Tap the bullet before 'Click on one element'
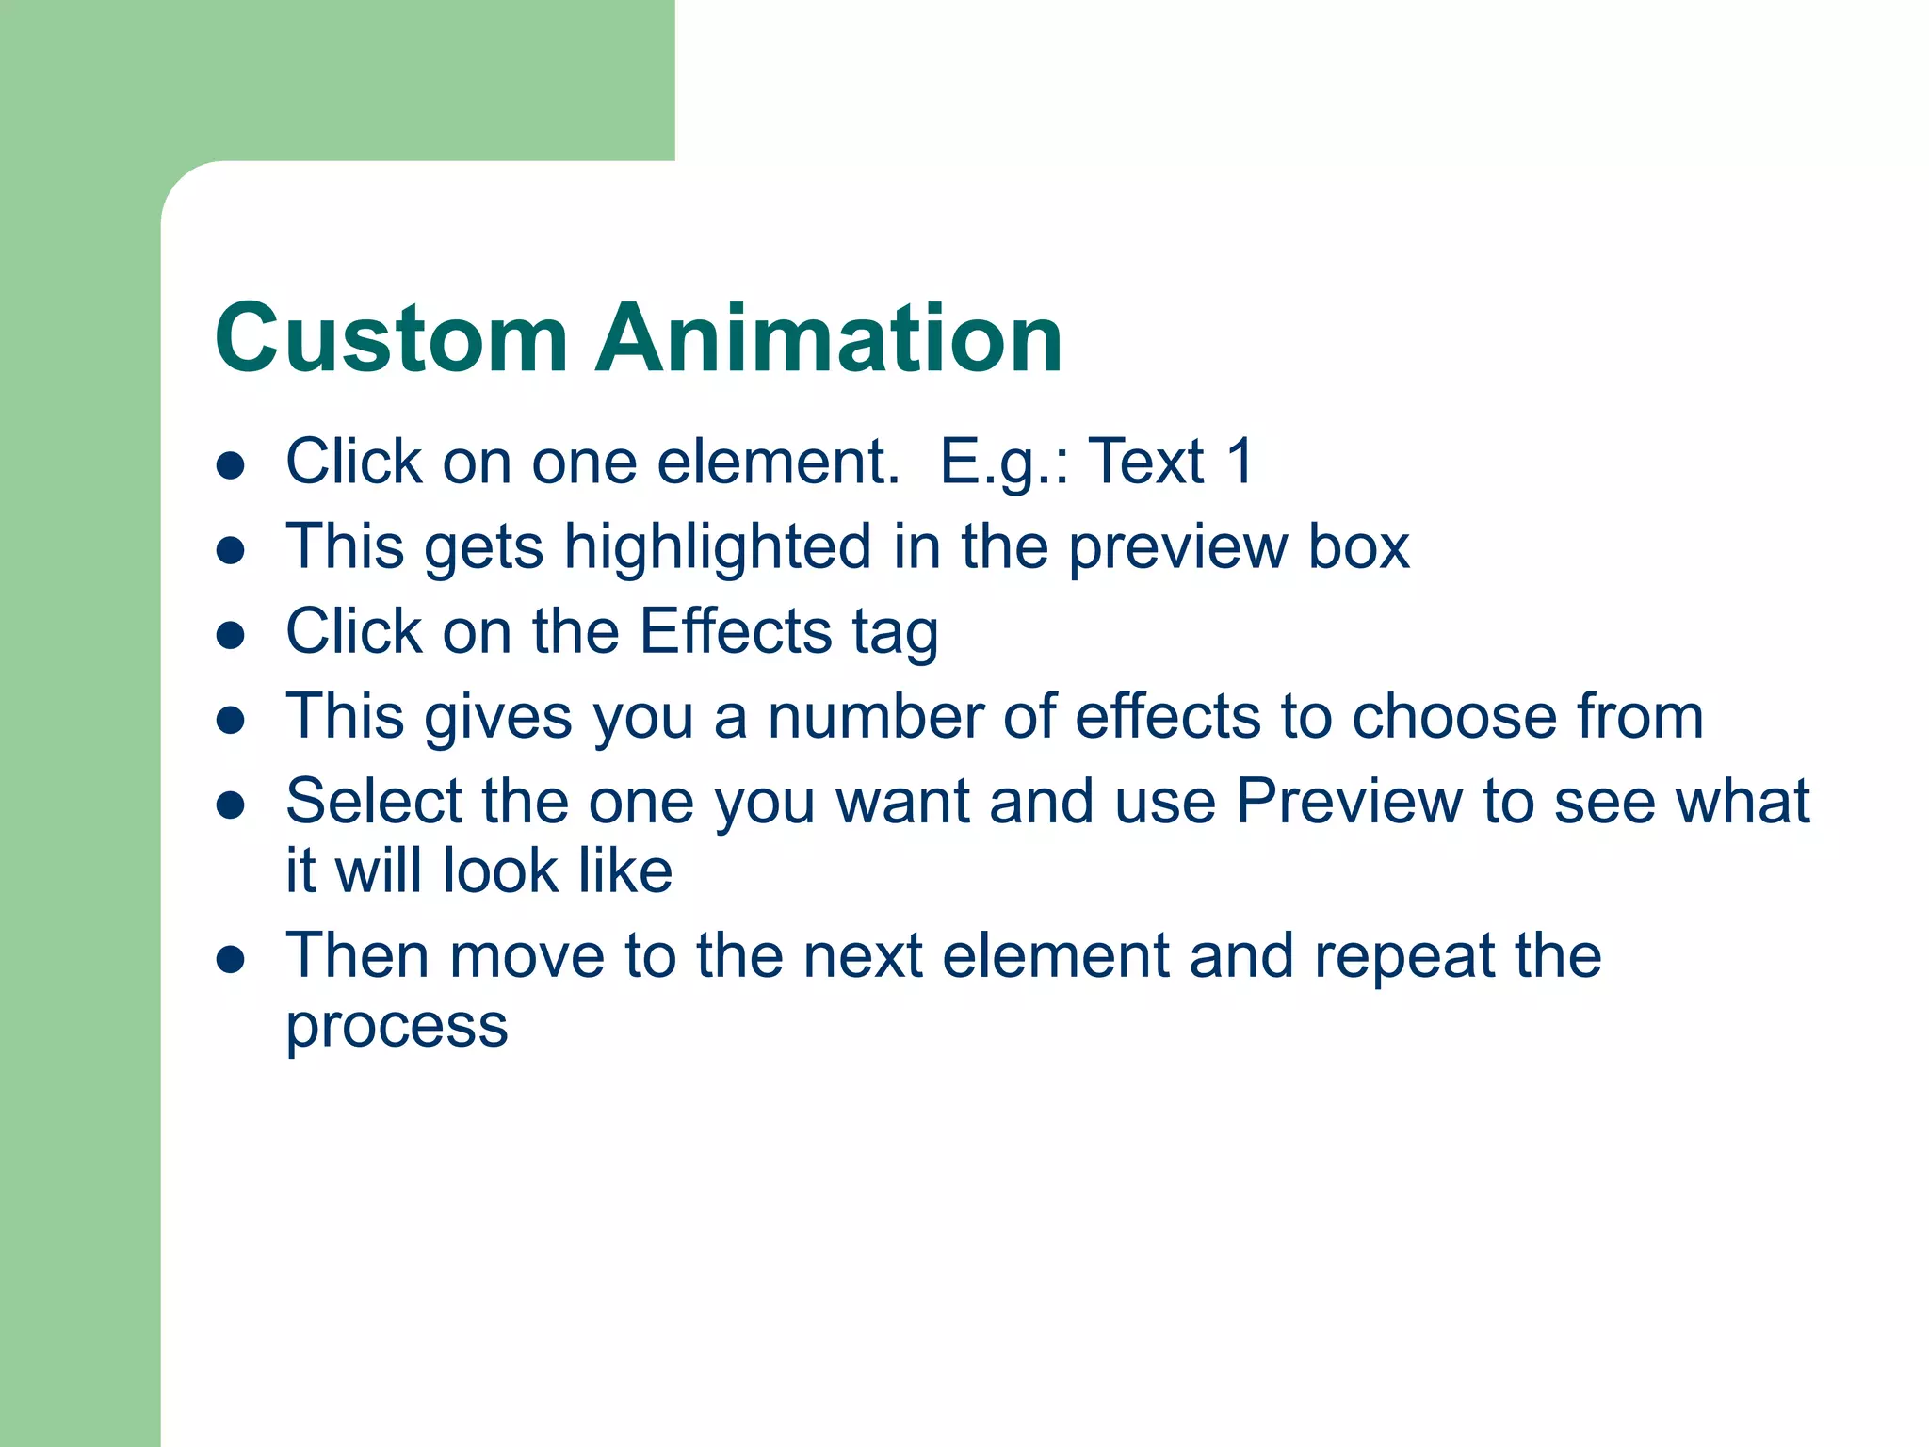(231, 465)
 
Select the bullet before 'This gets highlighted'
(231, 550)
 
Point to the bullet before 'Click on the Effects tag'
(231, 635)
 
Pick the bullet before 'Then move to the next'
(231, 960)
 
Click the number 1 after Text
(1240, 462)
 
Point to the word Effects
(736, 631)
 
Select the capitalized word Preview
(1349, 802)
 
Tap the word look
(500, 870)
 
